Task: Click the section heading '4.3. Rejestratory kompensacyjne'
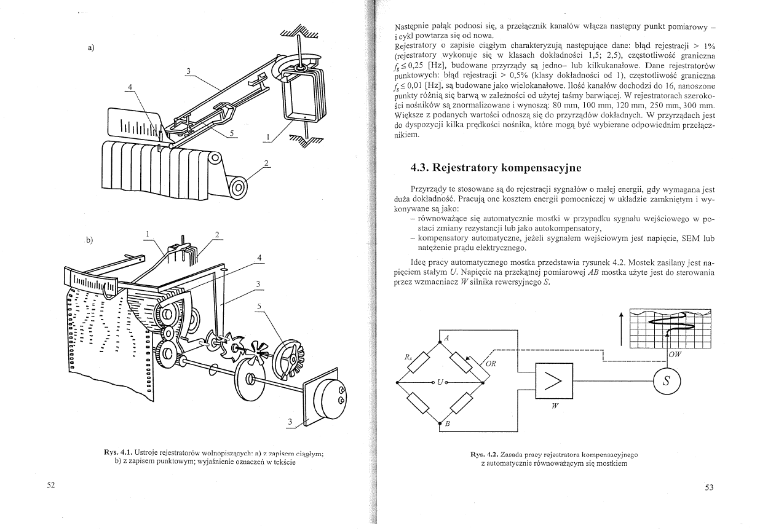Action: tap(496, 167)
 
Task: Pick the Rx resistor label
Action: tap(408, 356)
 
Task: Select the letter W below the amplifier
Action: tap(555, 413)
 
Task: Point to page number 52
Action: tap(51, 486)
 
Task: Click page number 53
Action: tap(708, 487)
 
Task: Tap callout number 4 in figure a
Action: tap(129, 87)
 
